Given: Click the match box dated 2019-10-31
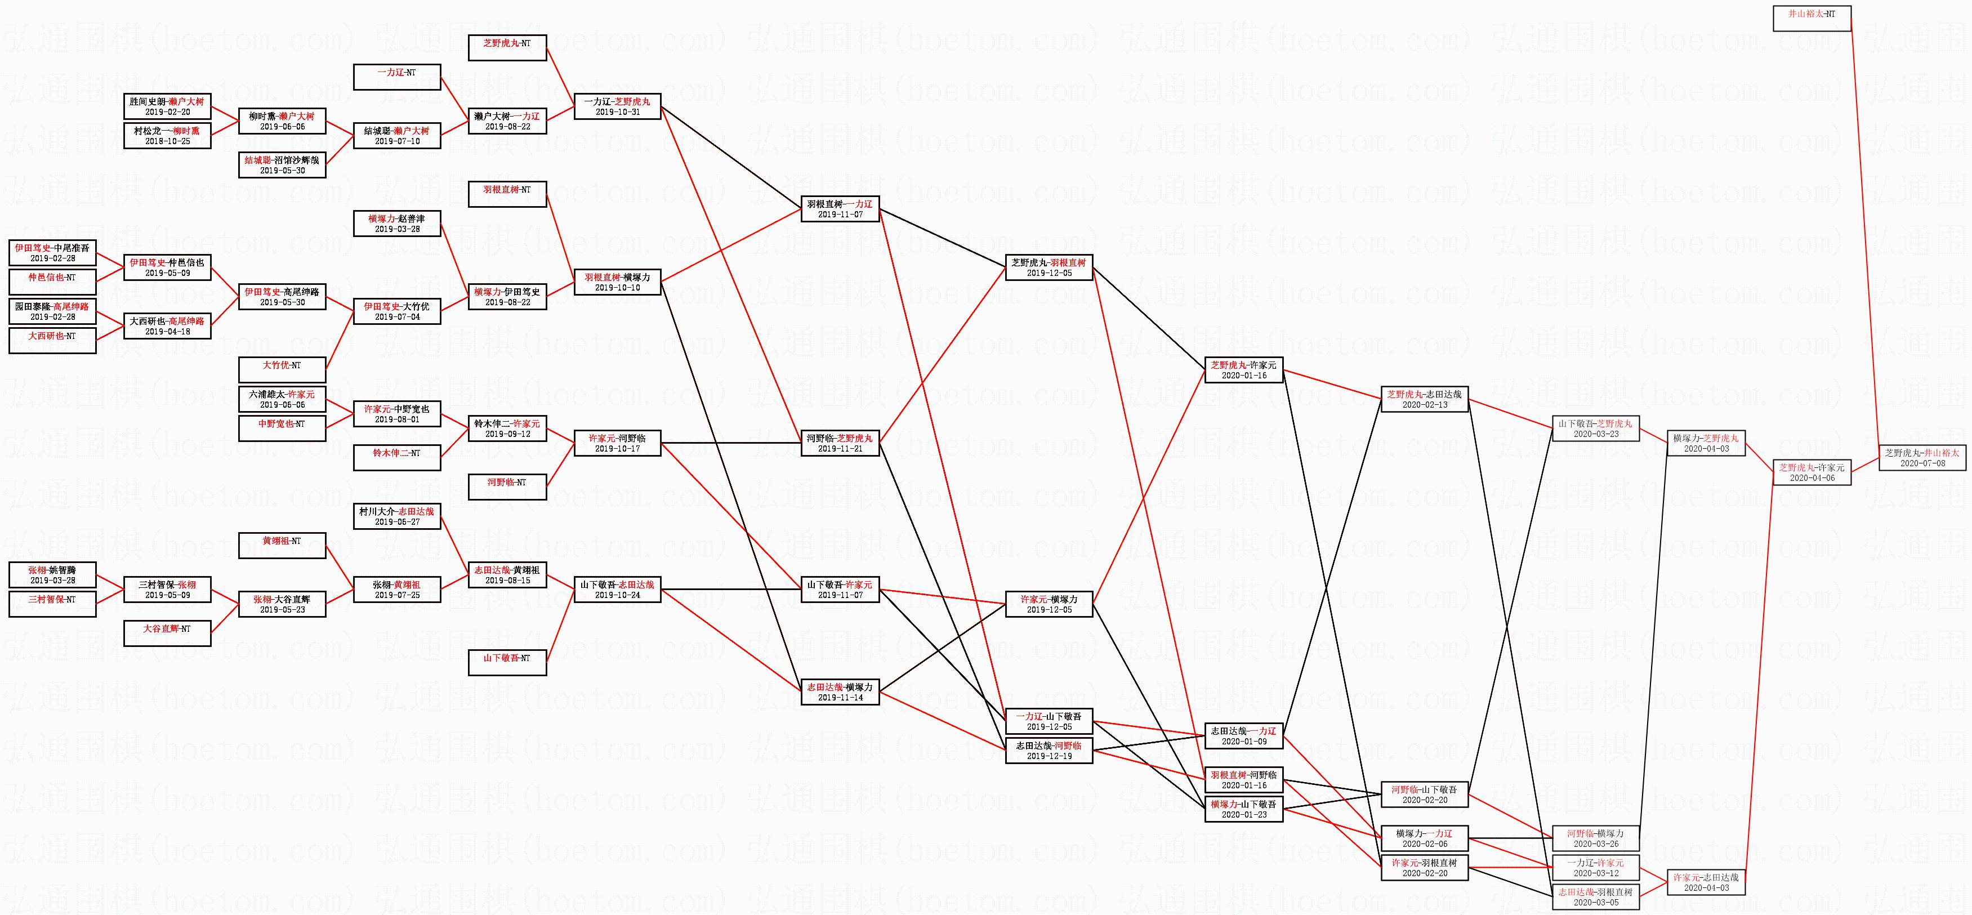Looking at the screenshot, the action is pos(617,106).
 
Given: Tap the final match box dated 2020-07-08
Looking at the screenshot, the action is pos(1922,458).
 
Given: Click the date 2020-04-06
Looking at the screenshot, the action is pos(1812,478).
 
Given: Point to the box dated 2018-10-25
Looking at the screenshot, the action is pos(167,136).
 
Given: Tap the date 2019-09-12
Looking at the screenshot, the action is pos(507,434).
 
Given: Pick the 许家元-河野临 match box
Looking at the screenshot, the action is pos(617,443).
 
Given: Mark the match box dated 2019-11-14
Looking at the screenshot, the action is pos(840,692).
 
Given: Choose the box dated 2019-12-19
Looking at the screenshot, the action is pos(1049,751).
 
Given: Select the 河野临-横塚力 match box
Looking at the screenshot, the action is pos(1595,838).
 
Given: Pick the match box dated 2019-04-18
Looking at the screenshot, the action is pos(167,326).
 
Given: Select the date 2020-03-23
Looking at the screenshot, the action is pos(1595,434).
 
